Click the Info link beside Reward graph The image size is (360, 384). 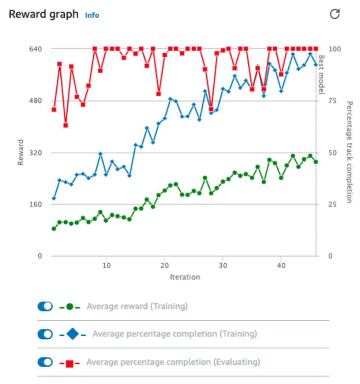(x=92, y=15)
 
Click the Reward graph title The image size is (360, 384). (x=44, y=14)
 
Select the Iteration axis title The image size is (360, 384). (x=185, y=277)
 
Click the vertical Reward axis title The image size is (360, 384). (x=21, y=152)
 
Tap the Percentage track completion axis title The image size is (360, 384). (x=349, y=152)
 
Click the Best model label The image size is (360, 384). (x=322, y=74)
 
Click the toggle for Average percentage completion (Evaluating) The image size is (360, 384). (x=45, y=362)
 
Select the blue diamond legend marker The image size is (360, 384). (x=72, y=334)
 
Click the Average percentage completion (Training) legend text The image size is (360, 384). (x=175, y=334)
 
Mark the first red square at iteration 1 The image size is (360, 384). (x=54, y=109)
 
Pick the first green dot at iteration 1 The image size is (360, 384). (x=54, y=229)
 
